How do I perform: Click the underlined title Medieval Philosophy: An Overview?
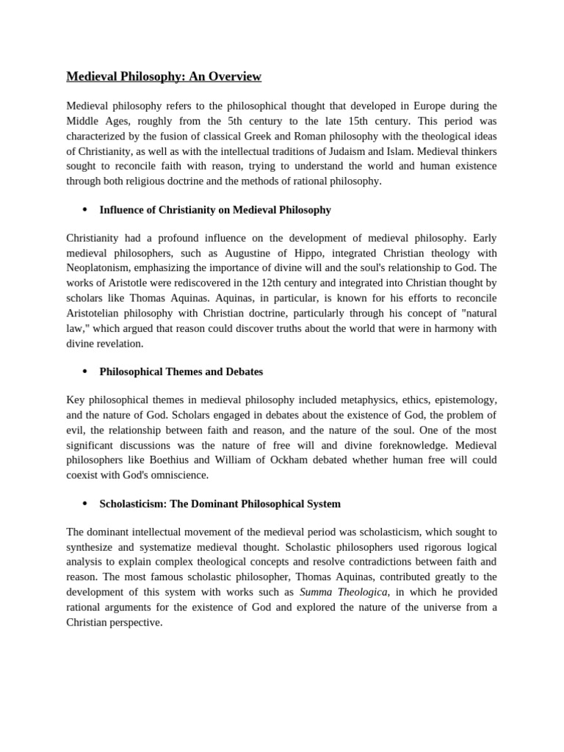tap(164, 76)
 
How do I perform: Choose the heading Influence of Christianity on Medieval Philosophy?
tap(214, 210)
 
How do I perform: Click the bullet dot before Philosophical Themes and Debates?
tap(84, 372)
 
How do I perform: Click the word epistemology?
tap(463, 400)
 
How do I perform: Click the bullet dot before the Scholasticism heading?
tap(84, 504)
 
